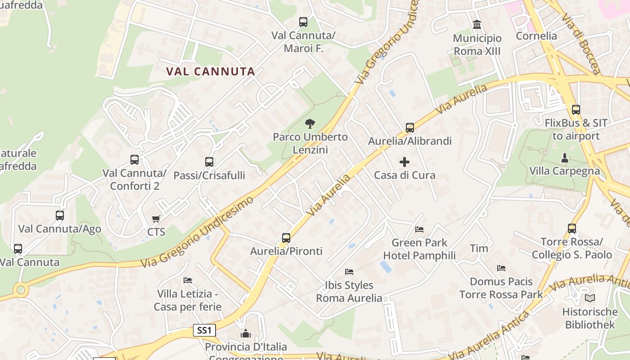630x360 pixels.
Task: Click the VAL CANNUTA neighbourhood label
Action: click(210, 71)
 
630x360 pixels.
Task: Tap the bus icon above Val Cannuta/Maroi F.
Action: click(303, 22)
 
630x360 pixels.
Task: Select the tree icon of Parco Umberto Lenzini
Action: click(310, 124)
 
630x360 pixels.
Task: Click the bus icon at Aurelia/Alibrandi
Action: click(409, 128)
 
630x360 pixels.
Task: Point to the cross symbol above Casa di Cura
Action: click(405, 162)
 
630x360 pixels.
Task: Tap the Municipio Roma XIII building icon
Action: click(477, 24)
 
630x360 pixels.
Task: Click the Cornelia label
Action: click(536, 36)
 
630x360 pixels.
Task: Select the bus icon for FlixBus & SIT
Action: click(576, 110)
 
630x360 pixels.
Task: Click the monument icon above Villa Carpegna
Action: click(564, 158)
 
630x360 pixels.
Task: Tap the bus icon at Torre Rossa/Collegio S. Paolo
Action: click(571, 229)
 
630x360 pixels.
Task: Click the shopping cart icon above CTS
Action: click(156, 219)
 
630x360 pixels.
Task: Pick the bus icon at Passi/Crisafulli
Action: click(209, 162)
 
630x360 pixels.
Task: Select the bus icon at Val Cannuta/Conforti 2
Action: click(134, 160)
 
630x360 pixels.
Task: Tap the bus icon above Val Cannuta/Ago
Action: click(59, 216)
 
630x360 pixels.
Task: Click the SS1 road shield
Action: click(204, 330)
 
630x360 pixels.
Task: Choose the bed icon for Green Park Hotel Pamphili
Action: click(419, 229)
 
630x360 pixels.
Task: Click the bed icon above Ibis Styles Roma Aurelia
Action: click(349, 272)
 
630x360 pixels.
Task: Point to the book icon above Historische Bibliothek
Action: click(589, 298)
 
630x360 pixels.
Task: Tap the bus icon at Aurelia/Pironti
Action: click(286, 238)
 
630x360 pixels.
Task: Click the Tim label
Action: click(479, 248)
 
